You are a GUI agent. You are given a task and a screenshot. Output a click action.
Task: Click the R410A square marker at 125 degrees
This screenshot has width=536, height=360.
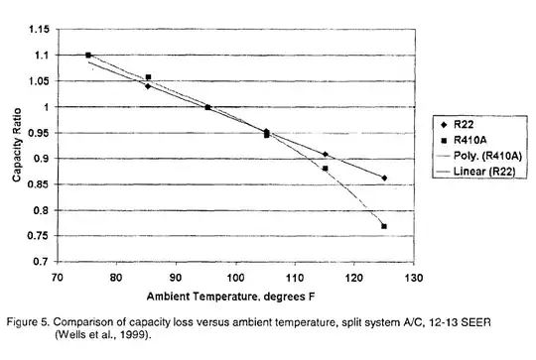[384, 226]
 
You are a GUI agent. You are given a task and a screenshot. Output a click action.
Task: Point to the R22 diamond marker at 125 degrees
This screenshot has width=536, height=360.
[384, 179]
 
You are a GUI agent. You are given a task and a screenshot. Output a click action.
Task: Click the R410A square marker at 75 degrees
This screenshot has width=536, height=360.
[88, 56]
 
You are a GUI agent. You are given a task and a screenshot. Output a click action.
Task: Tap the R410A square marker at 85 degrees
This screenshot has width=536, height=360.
[148, 77]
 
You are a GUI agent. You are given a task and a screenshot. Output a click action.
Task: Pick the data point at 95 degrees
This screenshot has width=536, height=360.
[207, 107]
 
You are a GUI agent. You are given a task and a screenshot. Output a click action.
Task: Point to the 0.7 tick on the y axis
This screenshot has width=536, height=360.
[43, 262]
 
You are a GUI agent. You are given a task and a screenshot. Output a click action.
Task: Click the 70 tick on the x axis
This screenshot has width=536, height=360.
[59, 279]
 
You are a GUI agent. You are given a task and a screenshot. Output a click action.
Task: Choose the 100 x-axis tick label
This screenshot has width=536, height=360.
[236, 279]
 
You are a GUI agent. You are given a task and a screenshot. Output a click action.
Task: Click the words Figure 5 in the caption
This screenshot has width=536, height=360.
[29, 323]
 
